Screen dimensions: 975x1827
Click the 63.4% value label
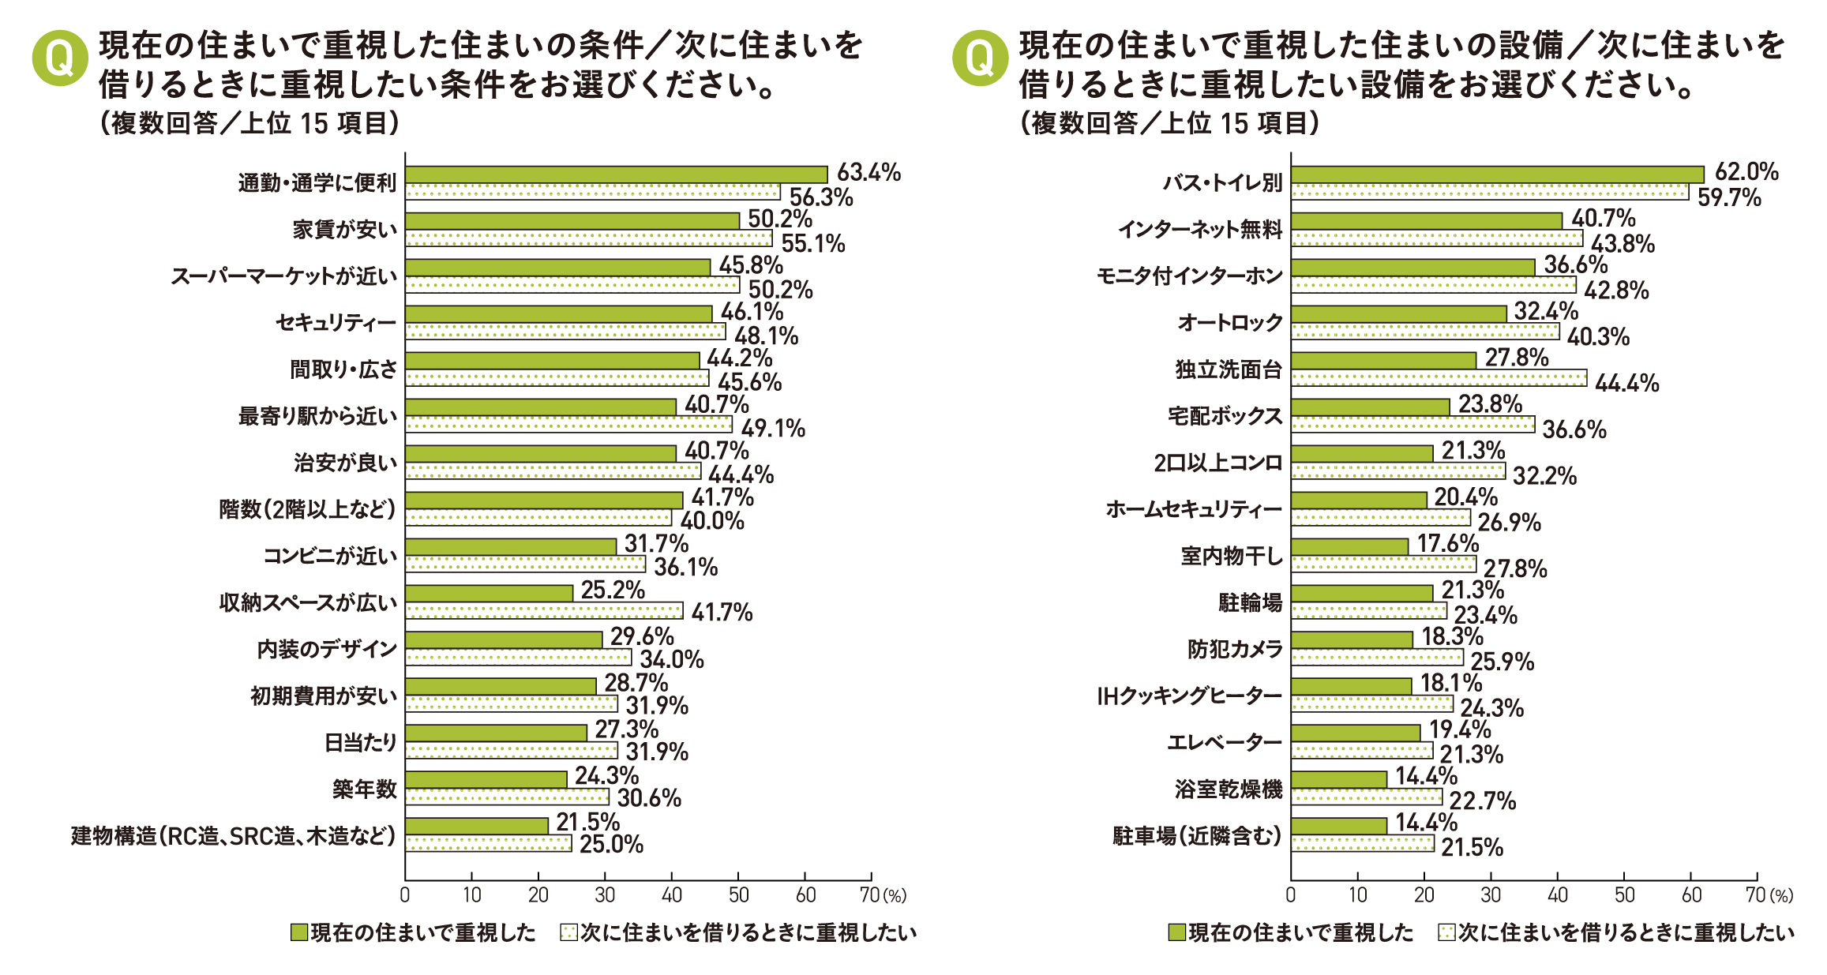868,172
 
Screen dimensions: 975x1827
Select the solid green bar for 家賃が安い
572,221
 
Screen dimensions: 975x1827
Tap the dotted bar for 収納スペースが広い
544,610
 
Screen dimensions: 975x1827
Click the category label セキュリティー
336,323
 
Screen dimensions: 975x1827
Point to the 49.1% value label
773,429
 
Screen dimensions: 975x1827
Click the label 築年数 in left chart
364,789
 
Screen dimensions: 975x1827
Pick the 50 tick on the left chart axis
738,895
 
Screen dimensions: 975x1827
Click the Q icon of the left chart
60,58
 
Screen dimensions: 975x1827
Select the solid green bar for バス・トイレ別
1497,174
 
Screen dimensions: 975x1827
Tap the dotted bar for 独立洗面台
1439,378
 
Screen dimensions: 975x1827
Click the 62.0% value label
1746,172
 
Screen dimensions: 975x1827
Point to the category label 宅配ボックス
1225,416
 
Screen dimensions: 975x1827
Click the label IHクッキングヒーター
1189,696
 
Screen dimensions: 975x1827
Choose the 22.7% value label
1483,801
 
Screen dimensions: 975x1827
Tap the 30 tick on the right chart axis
1491,895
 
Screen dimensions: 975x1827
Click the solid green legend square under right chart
1176,933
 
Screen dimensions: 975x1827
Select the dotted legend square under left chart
568,933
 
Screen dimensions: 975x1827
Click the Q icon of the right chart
980,58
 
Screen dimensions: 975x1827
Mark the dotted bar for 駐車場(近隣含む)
1362,843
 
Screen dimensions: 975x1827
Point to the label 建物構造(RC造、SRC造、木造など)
233,835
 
